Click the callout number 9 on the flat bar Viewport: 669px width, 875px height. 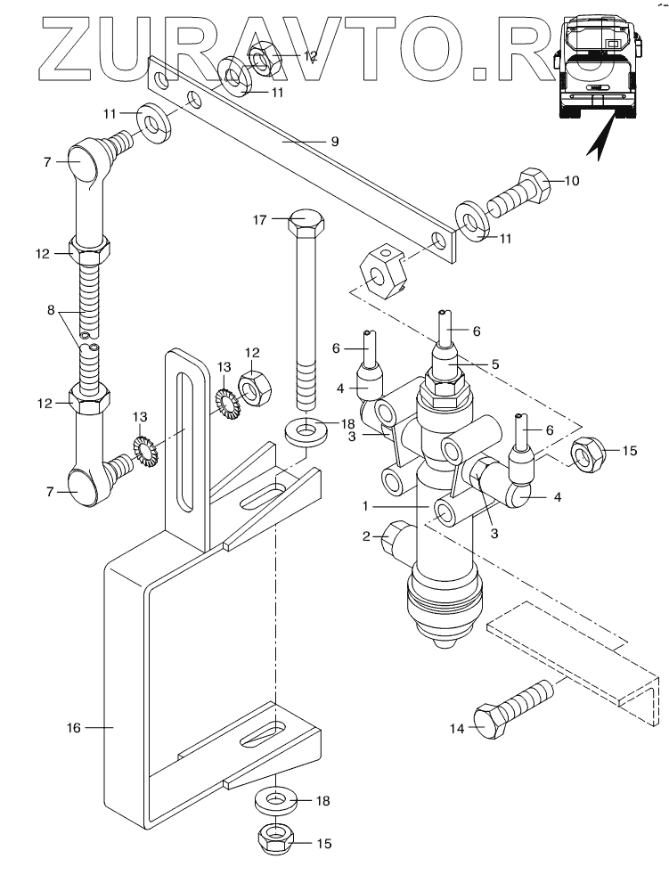pyautogui.click(x=335, y=142)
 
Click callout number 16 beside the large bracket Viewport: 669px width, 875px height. pyautogui.click(x=74, y=728)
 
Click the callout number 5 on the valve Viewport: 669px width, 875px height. pyautogui.click(x=495, y=364)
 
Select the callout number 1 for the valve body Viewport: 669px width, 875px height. pyautogui.click(x=365, y=506)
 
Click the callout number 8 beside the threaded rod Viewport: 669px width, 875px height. pyautogui.click(x=52, y=310)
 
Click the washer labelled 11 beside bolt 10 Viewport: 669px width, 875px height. pyautogui.click(x=472, y=223)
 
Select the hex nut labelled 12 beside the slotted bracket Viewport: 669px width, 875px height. pyautogui.click(x=254, y=388)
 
